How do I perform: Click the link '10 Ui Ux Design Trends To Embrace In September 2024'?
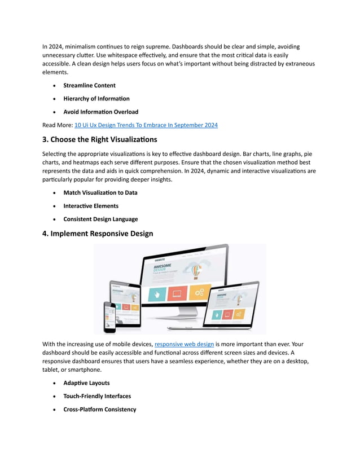click(146, 125)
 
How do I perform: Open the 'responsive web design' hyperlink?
click(184, 344)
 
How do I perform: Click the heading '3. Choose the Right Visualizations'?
click(100, 139)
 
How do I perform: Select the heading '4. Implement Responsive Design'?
click(98, 233)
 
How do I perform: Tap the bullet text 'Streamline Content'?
click(89, 86)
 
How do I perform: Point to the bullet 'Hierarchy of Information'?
click(96, 99)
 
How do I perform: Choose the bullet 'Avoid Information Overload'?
click(100, 112)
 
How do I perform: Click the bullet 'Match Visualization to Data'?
click(100, 192)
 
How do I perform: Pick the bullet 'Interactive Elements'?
click(91, 206)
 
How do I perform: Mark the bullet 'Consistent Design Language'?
click(100, 219)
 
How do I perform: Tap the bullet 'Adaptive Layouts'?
click(86, 383)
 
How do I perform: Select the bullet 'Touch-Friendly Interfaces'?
click(97, 396)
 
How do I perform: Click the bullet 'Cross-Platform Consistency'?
click(100, 409)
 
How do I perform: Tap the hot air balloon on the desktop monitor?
click(195, 272)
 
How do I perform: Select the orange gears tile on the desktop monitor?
click(197, 293)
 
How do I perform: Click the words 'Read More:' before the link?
click(57, 125)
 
